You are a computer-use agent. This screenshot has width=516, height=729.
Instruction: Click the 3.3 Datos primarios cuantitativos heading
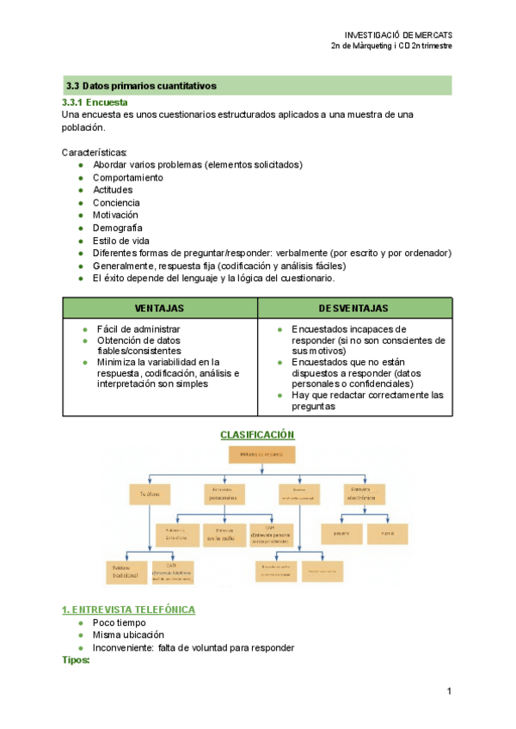click(x=141, y=86)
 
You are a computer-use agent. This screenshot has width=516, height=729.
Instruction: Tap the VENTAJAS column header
click(x=159, y=308)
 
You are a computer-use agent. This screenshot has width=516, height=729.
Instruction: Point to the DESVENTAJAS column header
click(x=353, y=308)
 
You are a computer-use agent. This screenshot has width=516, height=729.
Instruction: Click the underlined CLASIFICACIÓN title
click(x=257, y=435)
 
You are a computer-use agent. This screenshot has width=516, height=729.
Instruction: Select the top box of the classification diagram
click(x=261, y=456)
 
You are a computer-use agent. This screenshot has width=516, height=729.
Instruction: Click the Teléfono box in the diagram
click(x=151, y=495)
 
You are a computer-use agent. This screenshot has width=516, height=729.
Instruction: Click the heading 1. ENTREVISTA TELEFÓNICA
click(x=128, y=610)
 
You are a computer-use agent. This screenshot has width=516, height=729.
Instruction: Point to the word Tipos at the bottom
click(x=76, y=660)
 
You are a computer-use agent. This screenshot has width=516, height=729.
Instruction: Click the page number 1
click(x=449, y=691)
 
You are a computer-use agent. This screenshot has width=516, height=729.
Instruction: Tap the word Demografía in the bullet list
click(x=117, y=228)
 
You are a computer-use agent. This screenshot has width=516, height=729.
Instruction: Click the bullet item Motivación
click(x=115, y=215)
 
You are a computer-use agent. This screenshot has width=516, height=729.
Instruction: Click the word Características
click(x=95, y=152)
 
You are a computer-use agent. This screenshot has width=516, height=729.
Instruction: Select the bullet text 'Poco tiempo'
click(x=120, y=622)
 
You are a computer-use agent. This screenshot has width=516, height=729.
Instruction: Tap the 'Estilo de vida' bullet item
click(x=121, y=241)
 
